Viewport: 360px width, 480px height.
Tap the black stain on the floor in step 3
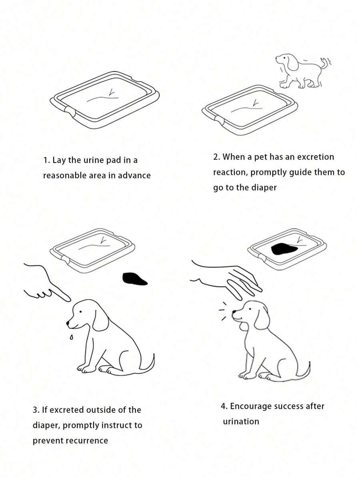click(134, 279)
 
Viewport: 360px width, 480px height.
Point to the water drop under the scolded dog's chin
click(71, 337)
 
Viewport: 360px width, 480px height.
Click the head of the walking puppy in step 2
click(286, 61)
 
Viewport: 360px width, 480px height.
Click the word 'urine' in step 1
click(94, 160)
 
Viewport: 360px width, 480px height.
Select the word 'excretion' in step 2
click(316, 157)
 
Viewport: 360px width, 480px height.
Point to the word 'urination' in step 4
click(241, 422)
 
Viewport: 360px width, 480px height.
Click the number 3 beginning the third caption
click(35, 410)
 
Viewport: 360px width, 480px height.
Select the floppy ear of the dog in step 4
click(262, 318)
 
